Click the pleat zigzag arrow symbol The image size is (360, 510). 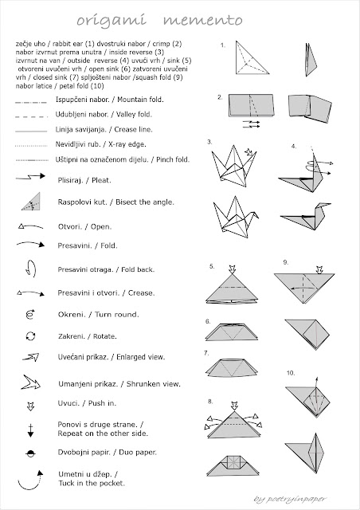tap(29, 181)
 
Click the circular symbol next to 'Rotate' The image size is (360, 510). tap(29, 336)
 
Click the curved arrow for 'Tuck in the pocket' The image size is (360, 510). tap(29, 480)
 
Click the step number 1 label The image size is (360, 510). tap(224, 45)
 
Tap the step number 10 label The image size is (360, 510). tap(291, 372)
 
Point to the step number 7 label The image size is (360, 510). tap(207, 352)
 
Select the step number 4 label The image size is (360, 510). tap(294, 147)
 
